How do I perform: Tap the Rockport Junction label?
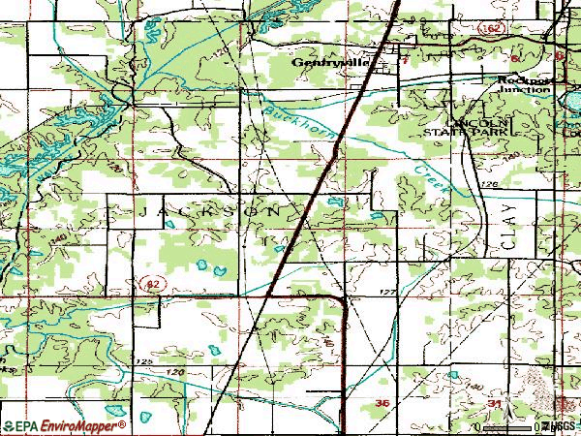tap(524, 85)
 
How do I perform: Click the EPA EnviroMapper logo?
tap(64, 426)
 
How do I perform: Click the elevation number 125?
tap(145, 361)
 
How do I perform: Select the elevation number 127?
tap(387, 292)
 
